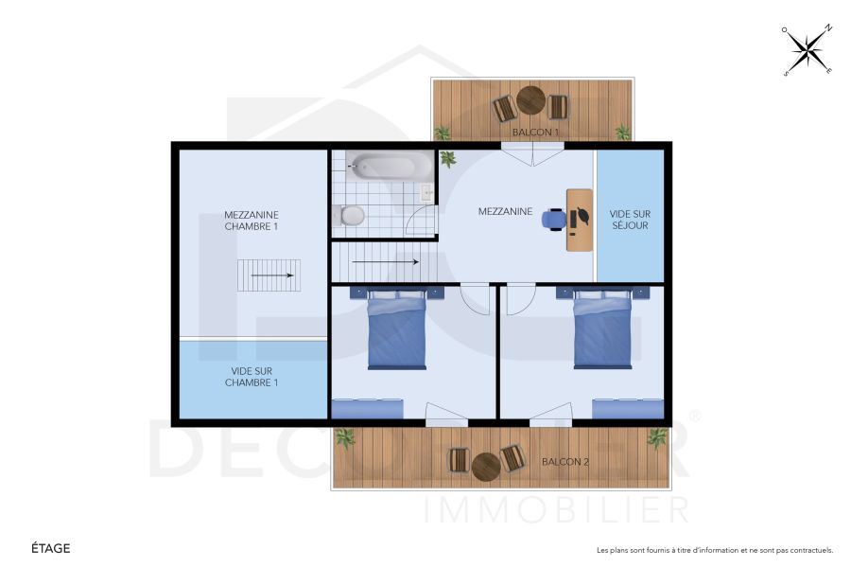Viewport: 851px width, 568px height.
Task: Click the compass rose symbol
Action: click(x=807, y=50)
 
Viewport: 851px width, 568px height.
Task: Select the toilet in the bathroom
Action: click(x=349, y=216)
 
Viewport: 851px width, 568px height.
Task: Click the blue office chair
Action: click(x=554, y=220)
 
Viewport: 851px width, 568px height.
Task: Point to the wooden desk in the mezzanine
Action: click(x=580, y=220)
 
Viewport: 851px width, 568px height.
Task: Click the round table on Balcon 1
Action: click(x=530, y=100)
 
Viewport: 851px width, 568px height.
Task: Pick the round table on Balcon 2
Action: click(x=486, y=465)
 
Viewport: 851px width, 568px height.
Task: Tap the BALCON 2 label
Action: click(x=565, y=462)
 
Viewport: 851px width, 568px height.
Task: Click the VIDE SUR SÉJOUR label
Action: click(x=630, y=220)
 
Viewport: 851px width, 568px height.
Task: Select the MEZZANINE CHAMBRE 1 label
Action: click(x=252, y=221)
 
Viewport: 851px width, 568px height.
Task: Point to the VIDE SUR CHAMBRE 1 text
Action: click(x=252, y=377)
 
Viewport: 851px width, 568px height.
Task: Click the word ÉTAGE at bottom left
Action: click(x=51, y=548)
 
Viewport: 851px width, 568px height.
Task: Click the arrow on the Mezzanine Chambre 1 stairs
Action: click(x=271, y=275)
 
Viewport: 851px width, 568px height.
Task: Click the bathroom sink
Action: click(x=426, y=192)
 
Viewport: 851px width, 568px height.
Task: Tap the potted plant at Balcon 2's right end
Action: click(x=656, y=438)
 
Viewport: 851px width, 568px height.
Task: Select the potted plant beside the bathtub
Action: click(x=447, y=159)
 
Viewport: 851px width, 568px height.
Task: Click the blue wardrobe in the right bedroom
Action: click(x=627, y=409)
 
